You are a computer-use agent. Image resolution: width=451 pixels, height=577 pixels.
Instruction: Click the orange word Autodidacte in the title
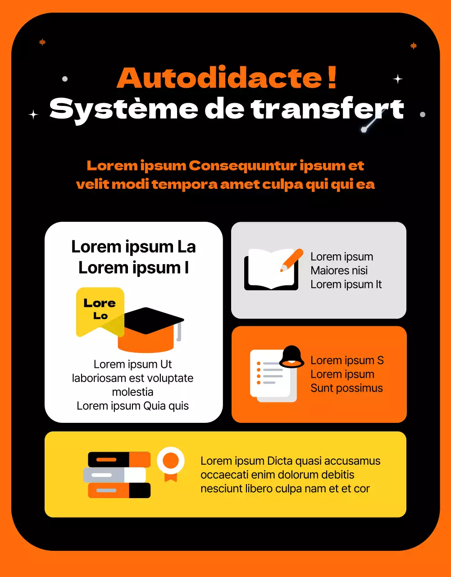(x=219, y=78)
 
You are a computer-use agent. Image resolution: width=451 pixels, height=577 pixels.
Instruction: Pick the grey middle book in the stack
(x=114, y=475)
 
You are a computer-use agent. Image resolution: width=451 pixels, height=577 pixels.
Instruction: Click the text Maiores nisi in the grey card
(x=339, y=270)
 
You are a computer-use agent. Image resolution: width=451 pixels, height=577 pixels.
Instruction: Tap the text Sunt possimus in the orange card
(x=346, y=388)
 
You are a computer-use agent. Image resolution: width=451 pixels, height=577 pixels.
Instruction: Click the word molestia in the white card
(x=132, y=392)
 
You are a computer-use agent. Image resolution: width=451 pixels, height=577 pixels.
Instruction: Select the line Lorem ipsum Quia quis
(x=132, y=406)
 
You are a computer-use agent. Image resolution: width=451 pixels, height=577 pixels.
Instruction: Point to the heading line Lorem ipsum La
(x=133, y=247)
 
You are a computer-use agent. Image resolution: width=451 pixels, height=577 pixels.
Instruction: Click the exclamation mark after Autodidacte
(x=332, y=78)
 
